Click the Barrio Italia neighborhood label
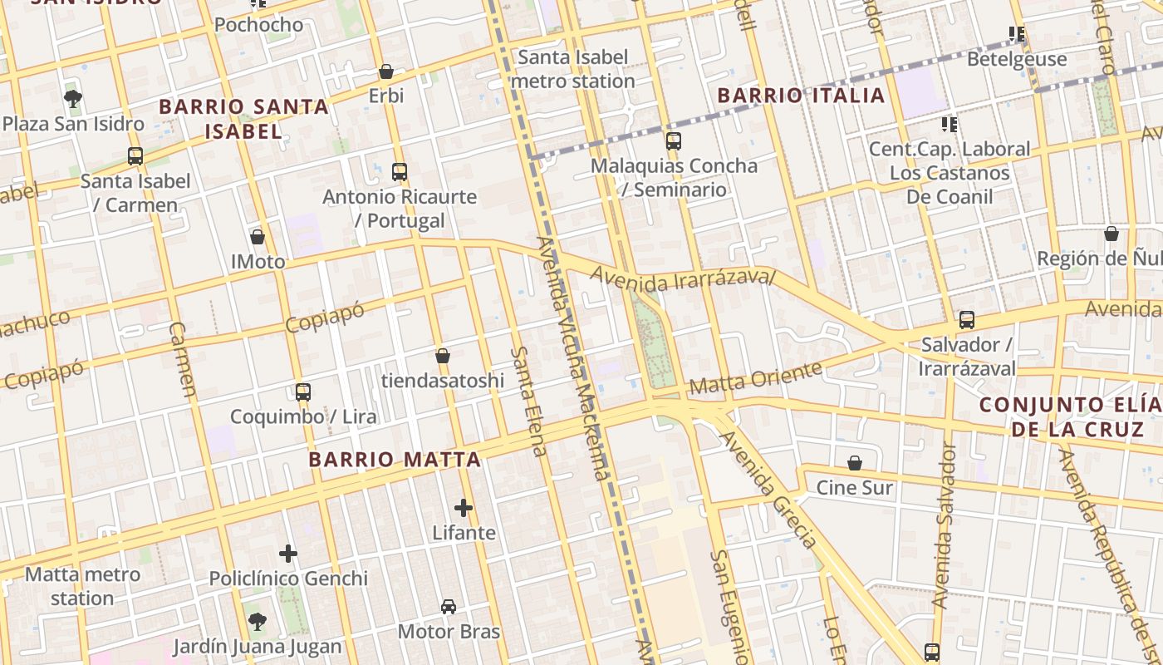click(x=801, y=96)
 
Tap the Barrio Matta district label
click(x=395, y=460)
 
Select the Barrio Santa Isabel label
click(x=243, y=119)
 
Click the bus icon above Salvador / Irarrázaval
click(x=966, y=320)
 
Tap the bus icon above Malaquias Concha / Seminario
click(x=673, y=141)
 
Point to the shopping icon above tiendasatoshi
click(x=443, y=356)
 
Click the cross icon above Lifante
click(x=464, y=508)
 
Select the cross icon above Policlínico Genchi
click(x=288, y=554)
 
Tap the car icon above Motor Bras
click(x=449, y=607)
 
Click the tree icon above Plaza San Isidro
click(x=73, y=99)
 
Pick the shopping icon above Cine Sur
click(x=854, y=463)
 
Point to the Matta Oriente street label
click(x=755, y=377)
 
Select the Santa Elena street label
click(x=528, y=401)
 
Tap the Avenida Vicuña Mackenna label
click(x=573, y=357)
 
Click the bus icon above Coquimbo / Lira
click(x=303, y=392)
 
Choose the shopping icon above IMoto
click(x=258, y=238)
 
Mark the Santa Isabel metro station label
click(x=572, y=69)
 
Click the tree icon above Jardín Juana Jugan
click(x=257, y=622)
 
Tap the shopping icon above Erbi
click(x=386, y=71)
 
